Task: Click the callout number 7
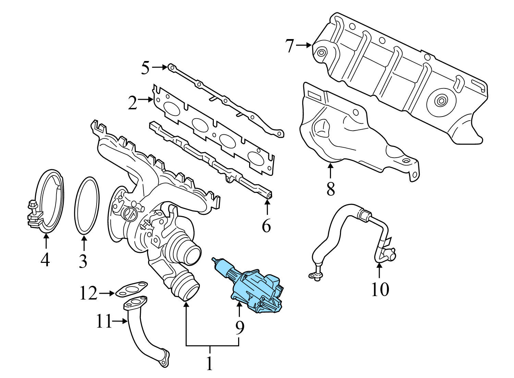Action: pos(290,46)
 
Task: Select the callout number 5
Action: pos(146,68)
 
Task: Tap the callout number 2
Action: pos(133,102)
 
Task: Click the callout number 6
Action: pos(266,226)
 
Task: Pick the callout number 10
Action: pos(380,289)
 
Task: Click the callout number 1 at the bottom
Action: pos(209,364)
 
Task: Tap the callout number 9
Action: pos(240,328)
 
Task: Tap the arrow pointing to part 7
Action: pos(304,45)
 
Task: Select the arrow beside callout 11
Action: pos(120,321)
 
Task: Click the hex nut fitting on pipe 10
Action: pos(364,215)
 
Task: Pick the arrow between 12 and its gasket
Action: pos(107,293)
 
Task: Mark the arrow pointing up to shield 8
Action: pos(330,171)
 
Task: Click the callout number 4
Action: pos(45,260)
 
